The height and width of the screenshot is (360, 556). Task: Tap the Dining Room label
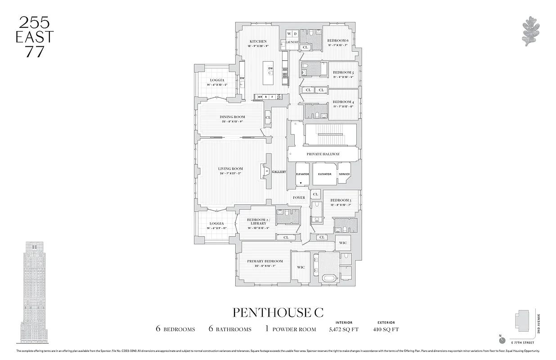[x=233, y=117]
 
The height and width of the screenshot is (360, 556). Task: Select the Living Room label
[x=230, y=169]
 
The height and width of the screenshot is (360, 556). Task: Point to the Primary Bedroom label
[x=265, y=261]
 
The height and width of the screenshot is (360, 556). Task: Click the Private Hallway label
[x=323, y=154]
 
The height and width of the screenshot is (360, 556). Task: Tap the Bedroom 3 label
[x=341, y=200]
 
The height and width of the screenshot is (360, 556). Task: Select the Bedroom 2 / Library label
[x=258, y=221]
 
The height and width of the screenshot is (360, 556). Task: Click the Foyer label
[x=299, y=198]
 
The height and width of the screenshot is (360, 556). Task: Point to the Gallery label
[x=279, y=172]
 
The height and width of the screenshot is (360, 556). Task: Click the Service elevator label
[x=344, y=174]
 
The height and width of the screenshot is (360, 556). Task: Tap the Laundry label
[x=291, y=42]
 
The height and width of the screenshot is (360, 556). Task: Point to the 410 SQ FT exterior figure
[x=386, y=329]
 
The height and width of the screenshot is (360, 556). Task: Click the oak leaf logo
[x=529, y=31]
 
